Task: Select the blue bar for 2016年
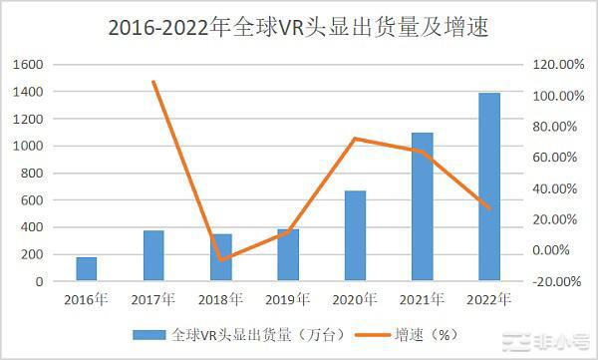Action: coord(87,269)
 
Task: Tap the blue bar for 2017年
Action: coord(153,256)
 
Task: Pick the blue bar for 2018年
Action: coord(221,258)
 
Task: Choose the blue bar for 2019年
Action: coord(288,256)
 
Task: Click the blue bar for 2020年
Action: coord(356,236)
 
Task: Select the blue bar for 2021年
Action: coord(423,207)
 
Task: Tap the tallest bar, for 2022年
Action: coord(489,187)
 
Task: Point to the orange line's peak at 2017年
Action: coord(153,82)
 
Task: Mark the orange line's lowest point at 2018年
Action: coord(221,259)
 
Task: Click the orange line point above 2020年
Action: coord(356,139)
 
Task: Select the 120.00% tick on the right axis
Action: coord(556,65)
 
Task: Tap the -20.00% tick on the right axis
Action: coord(556,281)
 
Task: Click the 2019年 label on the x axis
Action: coord(288,298)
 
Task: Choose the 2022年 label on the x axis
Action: coord(489,298)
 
